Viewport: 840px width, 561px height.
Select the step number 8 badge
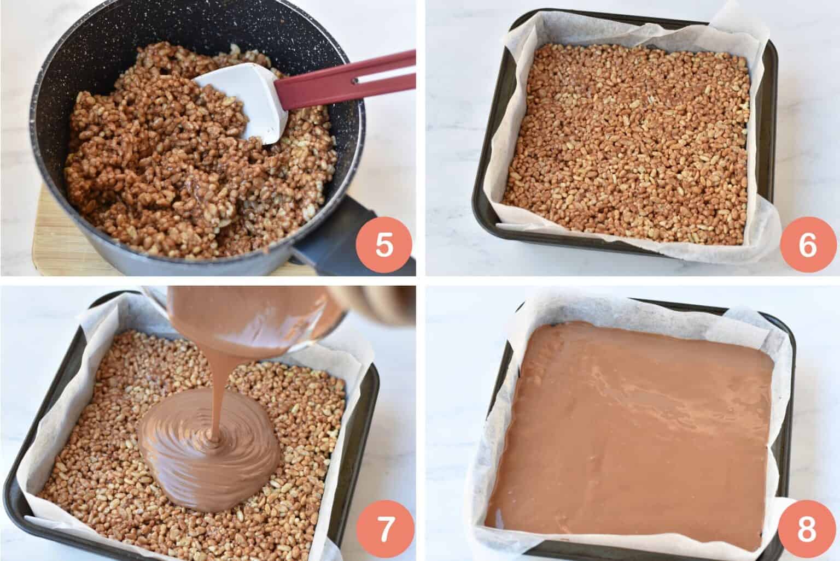click(807, 531)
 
